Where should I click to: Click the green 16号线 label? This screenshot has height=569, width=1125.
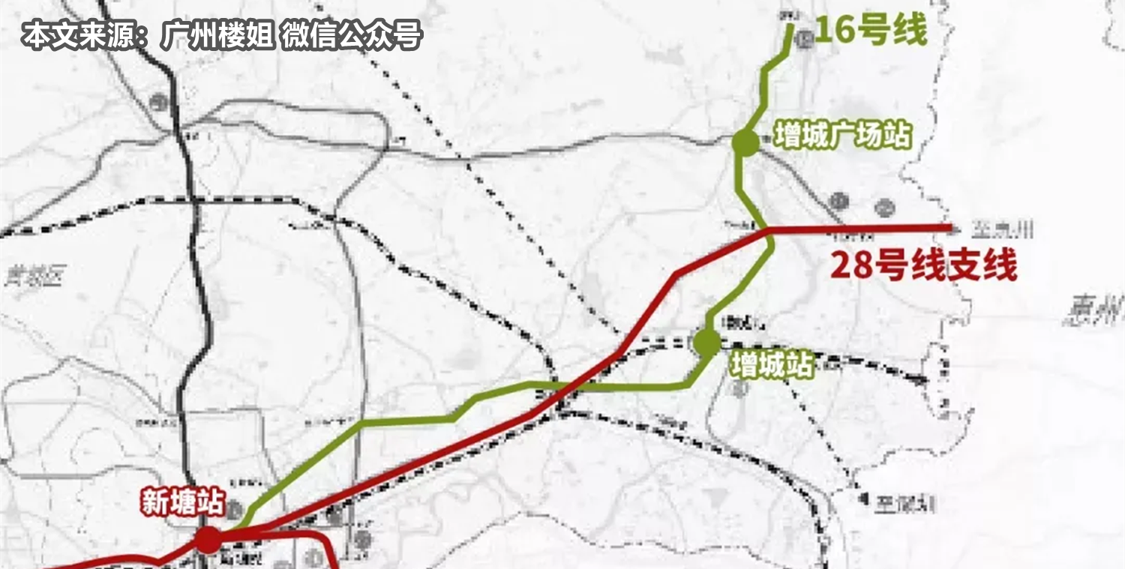871,31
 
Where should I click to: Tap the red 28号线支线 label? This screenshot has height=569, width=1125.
923,266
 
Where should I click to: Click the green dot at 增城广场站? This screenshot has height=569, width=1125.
745,142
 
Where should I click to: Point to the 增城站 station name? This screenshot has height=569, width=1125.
772,367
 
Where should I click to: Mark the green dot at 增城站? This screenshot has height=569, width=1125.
706,342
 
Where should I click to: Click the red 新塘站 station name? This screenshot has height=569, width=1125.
182,503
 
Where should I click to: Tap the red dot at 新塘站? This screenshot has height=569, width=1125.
208,539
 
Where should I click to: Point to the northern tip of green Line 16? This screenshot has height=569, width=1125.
791,25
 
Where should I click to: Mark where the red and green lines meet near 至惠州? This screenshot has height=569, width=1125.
766,231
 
